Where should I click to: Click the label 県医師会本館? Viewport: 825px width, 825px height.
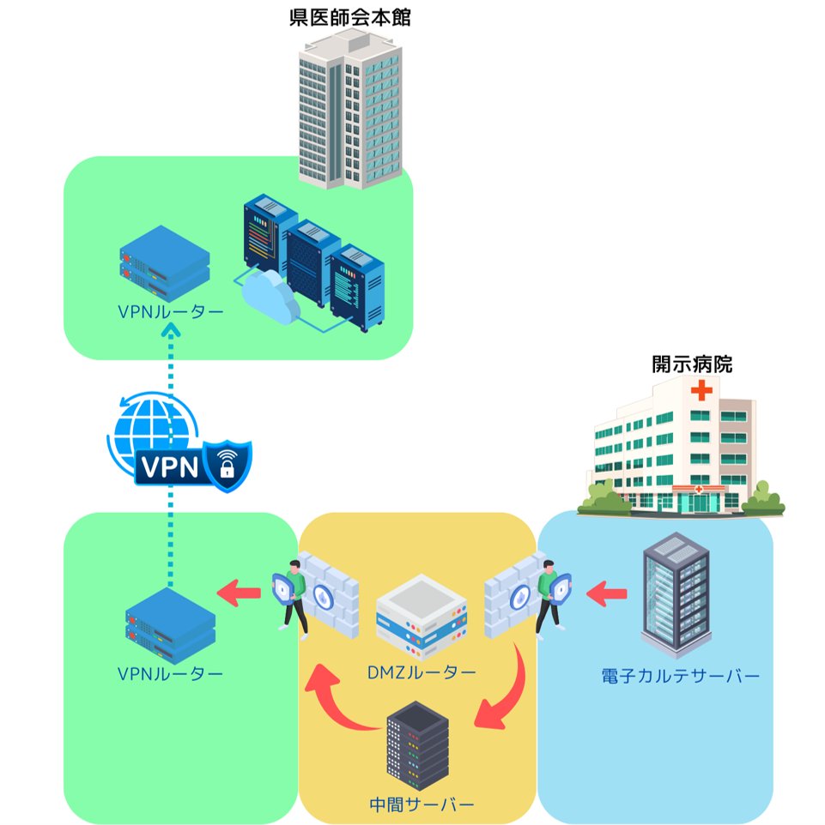[349, 18]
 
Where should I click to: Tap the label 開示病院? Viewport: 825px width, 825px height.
[692, 364]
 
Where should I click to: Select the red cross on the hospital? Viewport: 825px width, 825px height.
[701, 392]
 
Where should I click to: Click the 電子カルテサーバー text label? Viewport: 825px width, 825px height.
[681, 677]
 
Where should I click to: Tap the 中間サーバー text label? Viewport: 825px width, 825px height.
[421, 805]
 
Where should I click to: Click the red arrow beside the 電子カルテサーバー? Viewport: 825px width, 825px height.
[607, 592]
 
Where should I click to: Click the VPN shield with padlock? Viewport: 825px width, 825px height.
[227, 466]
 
